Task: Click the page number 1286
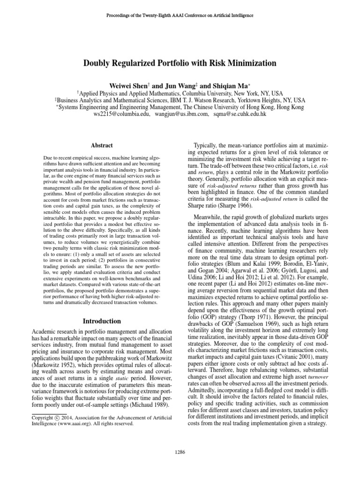tap(180, 452)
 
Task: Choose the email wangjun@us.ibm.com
tap(178, 114)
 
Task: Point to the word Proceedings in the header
tap(120, 15)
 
